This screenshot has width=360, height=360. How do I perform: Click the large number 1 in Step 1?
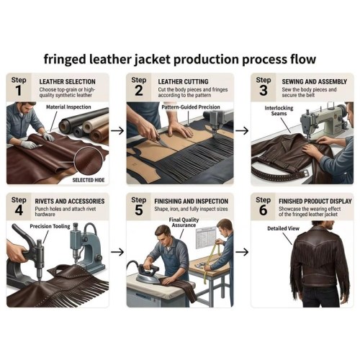coord(19,91)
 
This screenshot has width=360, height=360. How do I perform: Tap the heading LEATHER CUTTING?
coord(183,81)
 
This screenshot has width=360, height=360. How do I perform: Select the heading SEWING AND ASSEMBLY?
coord(315,81)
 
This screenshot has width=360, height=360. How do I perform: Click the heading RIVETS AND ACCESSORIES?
coord(70,201)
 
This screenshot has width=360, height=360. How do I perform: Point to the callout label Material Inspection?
coord(68,107)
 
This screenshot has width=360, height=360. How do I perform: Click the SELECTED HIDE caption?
coord(89,180)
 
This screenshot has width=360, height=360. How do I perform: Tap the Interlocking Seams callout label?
coord(279,111)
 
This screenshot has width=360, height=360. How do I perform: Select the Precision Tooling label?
coord(50,226)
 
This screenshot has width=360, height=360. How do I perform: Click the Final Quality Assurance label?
coord(184,222)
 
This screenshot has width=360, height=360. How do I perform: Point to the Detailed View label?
coord(284,228)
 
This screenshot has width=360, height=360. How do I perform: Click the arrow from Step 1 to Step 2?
coord(117,131)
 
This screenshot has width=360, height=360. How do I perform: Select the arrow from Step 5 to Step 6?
coord(242,252)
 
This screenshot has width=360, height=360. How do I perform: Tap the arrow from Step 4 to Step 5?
coord(117,252)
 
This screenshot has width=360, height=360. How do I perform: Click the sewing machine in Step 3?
coord(323,121)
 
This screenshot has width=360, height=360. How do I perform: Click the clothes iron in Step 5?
coord(147,274)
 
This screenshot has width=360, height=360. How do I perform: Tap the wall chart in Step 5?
coord(206,238)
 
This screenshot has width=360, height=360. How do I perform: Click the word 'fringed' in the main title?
coord(65,59)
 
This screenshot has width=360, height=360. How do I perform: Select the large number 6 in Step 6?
coord(263,210)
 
